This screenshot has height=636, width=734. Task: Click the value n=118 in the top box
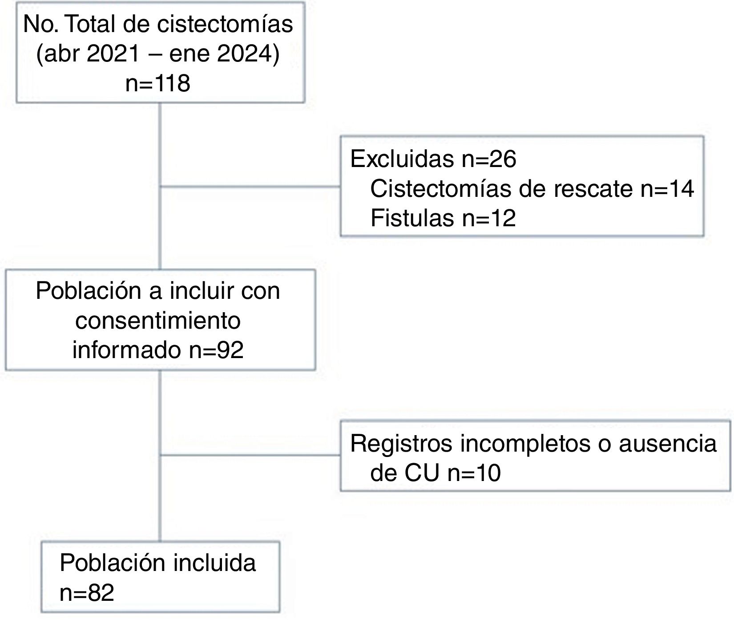tap(158, 83)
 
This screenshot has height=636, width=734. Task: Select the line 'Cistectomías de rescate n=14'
tap(532, 188)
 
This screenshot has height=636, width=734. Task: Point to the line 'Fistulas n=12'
tap(443, 218)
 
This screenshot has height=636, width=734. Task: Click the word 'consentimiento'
tap(158, 320)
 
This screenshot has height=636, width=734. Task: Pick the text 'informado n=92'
tap(158, 350)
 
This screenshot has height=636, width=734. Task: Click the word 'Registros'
tap(401, 443)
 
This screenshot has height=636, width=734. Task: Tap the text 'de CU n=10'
tap(435, 473)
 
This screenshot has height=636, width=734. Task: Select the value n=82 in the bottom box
tap(87, 593)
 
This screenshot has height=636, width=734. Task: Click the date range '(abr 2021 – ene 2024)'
tap(158, 54)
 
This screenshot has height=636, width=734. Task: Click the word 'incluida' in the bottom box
tap(214, 563)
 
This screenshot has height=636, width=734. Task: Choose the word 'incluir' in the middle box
tap(197, 291)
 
